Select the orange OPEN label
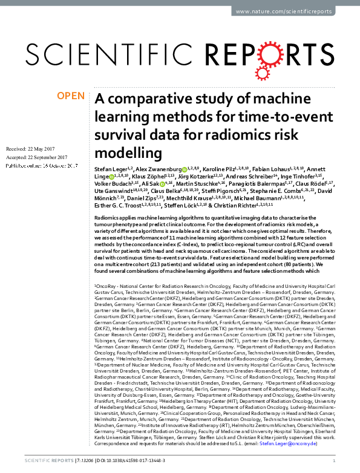(70, 96)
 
